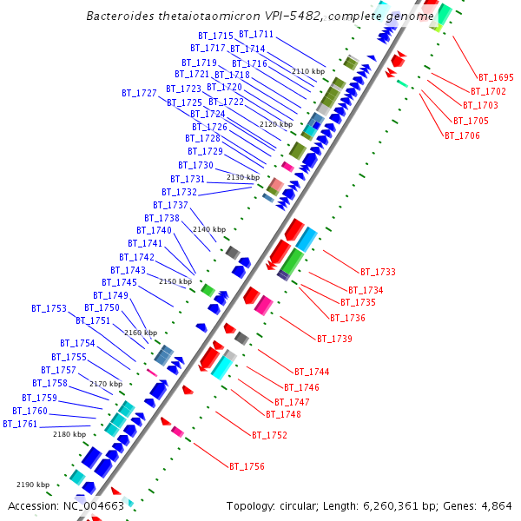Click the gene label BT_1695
[497, 77]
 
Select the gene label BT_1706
[462, 135]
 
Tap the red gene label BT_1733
[379, 272]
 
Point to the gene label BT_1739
[334, 338]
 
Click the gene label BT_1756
[247, 466]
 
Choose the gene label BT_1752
[269, 435]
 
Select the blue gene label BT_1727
[139, 92]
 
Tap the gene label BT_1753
[49, 308]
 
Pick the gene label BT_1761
[20, 424]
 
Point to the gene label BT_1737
[170, 205]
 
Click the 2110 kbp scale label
[308, 71]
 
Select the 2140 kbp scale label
[209, 229]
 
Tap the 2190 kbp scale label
[33, 485]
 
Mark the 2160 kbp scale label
[141, 333]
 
